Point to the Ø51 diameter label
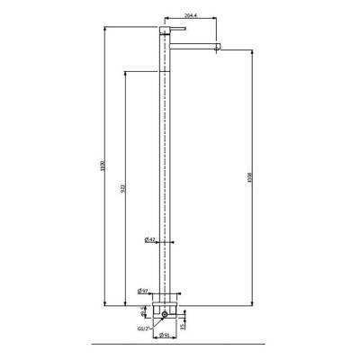point(166,336)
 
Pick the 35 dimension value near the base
point(183,325)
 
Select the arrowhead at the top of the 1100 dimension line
point(108,28)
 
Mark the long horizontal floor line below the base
point(180,344)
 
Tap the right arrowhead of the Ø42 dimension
point(171,240)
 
